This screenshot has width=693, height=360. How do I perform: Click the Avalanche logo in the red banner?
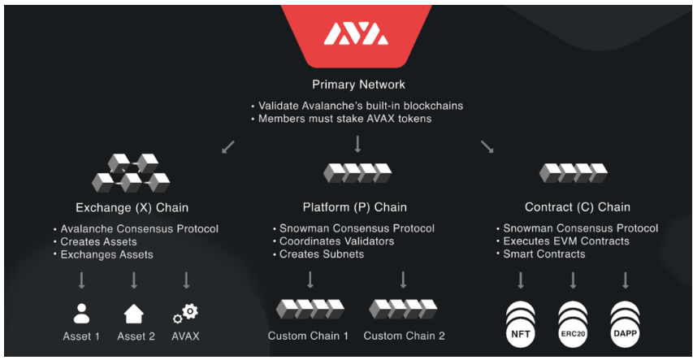355,34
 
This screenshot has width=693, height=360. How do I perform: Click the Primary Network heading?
358,85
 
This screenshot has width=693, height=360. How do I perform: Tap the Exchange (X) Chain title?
132,207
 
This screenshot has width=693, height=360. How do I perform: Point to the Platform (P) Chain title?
356,207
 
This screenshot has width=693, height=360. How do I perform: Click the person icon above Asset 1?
82,313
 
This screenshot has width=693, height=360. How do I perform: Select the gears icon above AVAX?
185,313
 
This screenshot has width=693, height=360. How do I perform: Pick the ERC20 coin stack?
573,319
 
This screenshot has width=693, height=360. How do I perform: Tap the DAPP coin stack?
626,319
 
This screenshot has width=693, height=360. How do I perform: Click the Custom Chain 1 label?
308,336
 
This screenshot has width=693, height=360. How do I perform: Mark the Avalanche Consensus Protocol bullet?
139,228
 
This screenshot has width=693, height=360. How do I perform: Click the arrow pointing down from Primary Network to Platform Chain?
357,145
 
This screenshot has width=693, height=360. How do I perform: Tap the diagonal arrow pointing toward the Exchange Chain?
228,146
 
